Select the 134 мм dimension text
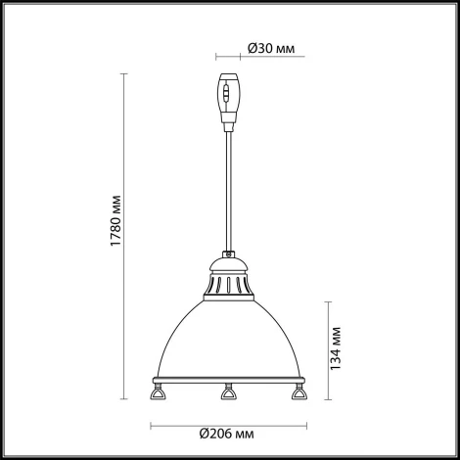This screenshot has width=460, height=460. [335, 349]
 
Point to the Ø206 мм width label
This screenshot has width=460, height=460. [227, 434]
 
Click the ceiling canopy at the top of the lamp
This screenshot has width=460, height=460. [228, 98]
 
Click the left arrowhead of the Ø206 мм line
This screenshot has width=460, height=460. [152, 425]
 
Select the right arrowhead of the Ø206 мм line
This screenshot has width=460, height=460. [303, 425]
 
